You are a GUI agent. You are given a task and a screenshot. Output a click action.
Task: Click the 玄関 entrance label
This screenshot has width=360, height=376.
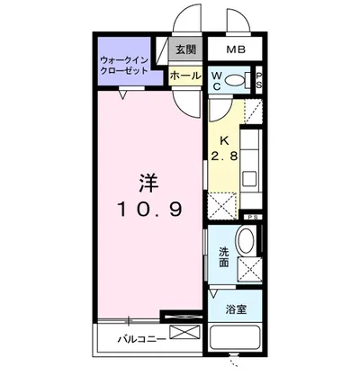click(x=184, y=49)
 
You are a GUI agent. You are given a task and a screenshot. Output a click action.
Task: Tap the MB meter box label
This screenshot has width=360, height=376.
click(x=235, y=49)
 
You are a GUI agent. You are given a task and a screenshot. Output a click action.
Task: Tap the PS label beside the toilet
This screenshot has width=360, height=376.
click(x=258, y=79)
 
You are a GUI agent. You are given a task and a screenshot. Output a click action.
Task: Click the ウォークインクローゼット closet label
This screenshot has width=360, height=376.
click(x=126, y=64)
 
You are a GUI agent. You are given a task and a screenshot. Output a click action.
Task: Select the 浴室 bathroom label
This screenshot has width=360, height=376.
click(x=233, y=310)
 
